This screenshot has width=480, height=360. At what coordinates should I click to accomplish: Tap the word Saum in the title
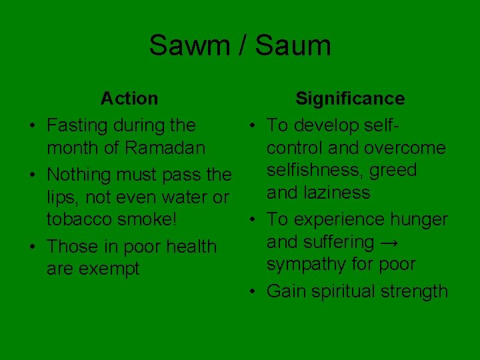(x=293, y=46)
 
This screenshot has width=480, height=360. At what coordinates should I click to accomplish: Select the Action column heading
(x=129, y=99)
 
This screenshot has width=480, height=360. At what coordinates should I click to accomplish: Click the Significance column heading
(x=350, y=99)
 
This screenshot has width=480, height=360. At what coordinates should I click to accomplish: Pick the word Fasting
(x=78, y=125)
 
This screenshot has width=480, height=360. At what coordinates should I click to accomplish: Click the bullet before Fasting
(x=33, y=125)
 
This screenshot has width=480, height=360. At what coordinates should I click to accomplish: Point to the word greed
(x=393, y=171)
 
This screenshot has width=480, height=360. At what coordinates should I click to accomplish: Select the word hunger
(x=418, y=219)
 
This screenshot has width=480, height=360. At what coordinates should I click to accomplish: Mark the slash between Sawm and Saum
(x=241, y=46)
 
